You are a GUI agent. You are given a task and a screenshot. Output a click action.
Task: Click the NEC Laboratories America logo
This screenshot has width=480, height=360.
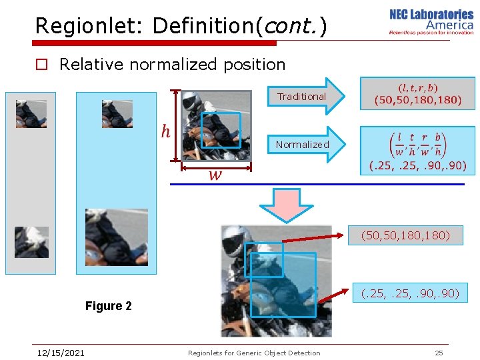pyautogui.click(x=431, y=22)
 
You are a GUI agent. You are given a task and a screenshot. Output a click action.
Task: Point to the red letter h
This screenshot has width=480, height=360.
pyautogui.click(x=165, y=131)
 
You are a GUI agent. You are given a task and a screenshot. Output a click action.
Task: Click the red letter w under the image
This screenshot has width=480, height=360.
pyautogui.click(x=215, y=175)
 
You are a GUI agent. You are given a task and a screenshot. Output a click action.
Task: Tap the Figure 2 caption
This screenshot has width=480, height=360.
pyautogui.click(x=108, y=306)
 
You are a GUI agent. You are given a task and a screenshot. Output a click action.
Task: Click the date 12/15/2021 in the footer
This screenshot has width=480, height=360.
pyautogui.click(x=61, y=353)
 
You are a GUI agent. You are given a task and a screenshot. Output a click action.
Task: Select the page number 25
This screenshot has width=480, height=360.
pyautogui.click(x=439, y=353)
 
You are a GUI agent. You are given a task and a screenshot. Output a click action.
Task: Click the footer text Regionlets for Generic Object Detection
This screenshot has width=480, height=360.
pyautogui.click(x=254, y=353)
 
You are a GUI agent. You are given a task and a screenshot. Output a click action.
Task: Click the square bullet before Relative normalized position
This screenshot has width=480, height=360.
pyautogui.click(x=41, y=65)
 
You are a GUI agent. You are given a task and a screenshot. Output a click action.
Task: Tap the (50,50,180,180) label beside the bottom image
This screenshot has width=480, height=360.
pyautogui.click(x=405, y=235)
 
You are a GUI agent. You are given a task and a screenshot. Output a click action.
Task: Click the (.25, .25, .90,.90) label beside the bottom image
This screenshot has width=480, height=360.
pyautogui.click(x=409, y=293)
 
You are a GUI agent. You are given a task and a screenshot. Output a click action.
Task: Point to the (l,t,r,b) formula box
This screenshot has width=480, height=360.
pyautogui.click(x=418, y=93)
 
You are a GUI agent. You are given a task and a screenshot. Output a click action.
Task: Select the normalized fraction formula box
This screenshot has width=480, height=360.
pyautogui.click(x=418, y=151)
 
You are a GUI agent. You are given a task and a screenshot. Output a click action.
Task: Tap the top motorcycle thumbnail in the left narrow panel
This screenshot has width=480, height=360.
pyautogui.click(x=31, y=114)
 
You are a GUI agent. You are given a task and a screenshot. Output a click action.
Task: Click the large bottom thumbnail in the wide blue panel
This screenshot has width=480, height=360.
pyautogui.click(x=107, y=237)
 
